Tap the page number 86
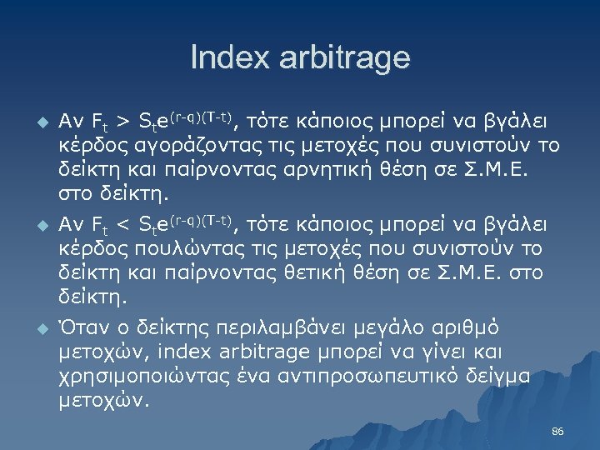click(557, 431)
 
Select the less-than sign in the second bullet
click(122, 225)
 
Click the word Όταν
click(82, 326)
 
